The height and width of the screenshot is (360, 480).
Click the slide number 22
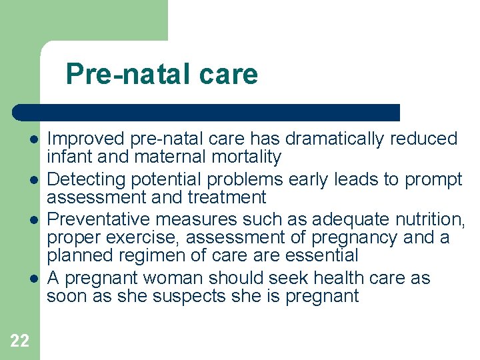coord(20,341)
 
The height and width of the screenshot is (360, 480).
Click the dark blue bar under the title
coord(207,113)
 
